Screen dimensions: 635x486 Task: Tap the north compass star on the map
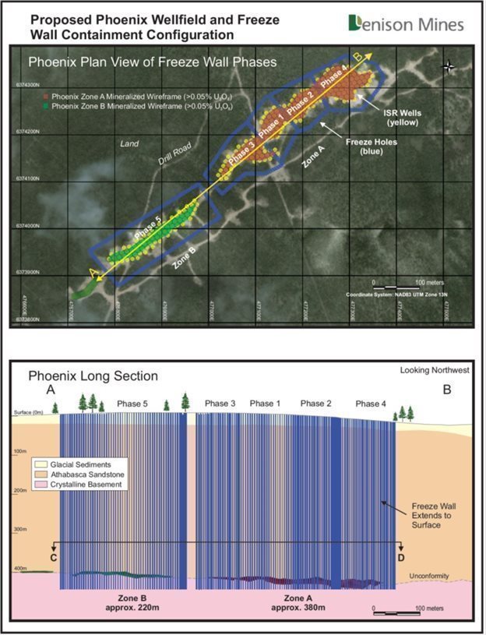[x=449, y=66]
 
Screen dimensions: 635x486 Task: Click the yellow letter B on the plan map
[x=357, y=57]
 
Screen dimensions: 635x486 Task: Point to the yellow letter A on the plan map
[x=94, y=273]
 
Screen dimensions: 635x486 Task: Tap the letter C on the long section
[x=52, y=559]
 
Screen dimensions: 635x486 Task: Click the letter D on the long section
[x=400, y=559]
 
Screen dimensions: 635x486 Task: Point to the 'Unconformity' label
[x=429, y=577]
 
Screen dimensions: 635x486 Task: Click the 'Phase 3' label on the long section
[x=220, y=404]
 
